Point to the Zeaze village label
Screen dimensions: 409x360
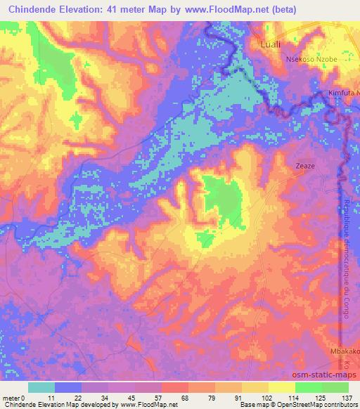point(305,167)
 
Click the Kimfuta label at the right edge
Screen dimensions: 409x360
point(343,93)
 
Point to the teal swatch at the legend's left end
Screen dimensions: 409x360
point(41,387)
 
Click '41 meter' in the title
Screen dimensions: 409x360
point(128,9)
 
